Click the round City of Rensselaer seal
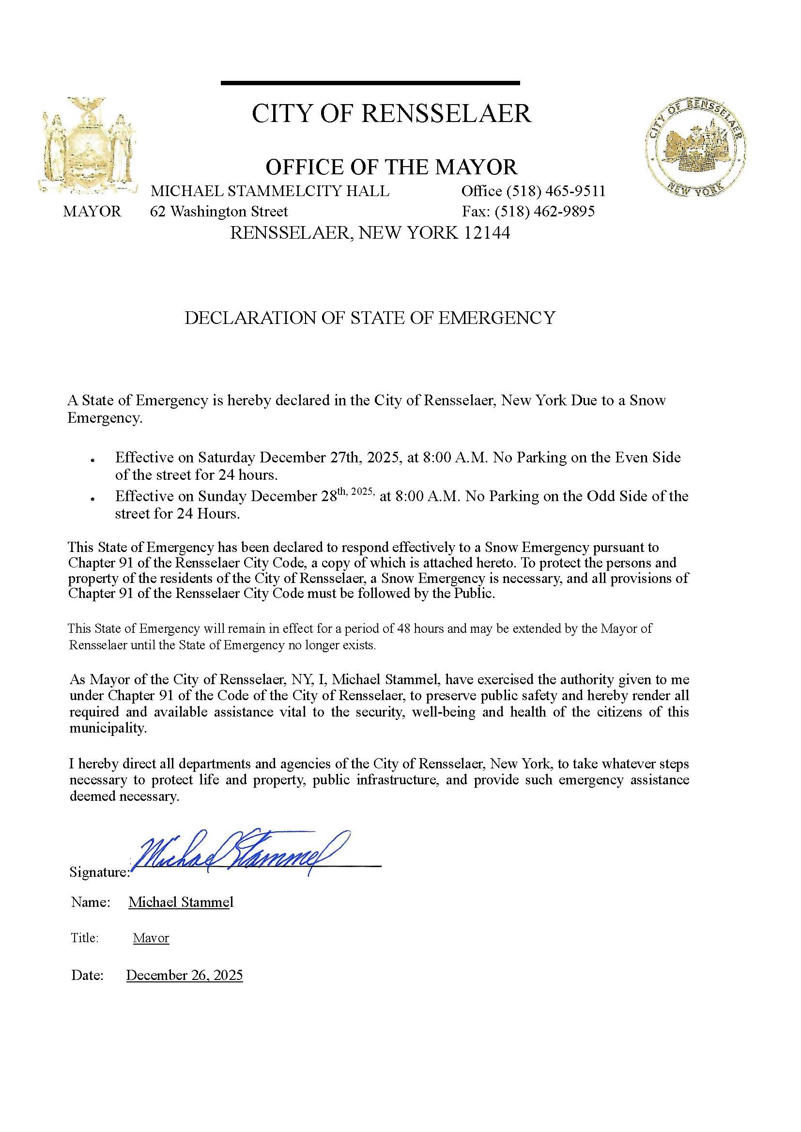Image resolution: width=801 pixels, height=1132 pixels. tap(695, 147)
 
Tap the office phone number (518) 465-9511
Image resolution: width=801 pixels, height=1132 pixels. tap(556, 191)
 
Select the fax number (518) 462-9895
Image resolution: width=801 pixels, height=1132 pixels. tap(544, 212)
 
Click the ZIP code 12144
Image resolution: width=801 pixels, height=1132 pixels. tap(486, 233)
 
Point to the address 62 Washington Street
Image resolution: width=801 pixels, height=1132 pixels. tap(218, 212)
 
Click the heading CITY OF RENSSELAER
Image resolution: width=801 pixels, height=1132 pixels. tap(392, 114)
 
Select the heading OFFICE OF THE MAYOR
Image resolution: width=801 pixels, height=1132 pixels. tap(392, 167)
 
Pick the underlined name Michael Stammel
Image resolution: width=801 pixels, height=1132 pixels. tap(181, 902)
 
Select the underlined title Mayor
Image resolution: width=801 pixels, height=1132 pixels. tap(151, 938)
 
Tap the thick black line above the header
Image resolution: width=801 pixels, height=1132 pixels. tap(370, 83)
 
